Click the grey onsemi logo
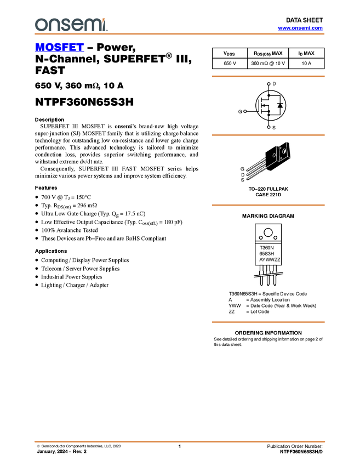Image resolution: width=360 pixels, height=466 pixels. click(71, 25)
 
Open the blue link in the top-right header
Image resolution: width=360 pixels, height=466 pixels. click(300, 28)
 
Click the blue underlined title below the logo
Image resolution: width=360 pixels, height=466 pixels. click(59, 48)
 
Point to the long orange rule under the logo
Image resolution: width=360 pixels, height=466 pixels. click(180, 34)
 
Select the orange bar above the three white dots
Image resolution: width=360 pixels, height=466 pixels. click(268, 76)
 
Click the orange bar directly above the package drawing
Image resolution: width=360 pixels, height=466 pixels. click(268, 135)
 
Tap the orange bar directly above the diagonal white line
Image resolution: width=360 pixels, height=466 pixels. click(268, 205)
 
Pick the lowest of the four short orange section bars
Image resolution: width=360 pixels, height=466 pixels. click(268, 322)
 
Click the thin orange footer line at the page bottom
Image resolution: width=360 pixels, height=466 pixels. click(180, 441)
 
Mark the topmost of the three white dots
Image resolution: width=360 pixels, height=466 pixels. click(268, 84)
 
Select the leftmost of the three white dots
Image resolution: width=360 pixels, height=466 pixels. click(245, 111)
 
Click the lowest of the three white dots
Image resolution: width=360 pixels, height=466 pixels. click(268, 127)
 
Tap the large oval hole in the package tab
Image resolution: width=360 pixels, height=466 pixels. click(284, 151)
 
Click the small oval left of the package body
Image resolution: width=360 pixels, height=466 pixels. click(274, 155)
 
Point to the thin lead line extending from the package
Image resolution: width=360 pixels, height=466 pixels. click(271, 164)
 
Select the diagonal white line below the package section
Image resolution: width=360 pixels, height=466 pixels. click(268, 275)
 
